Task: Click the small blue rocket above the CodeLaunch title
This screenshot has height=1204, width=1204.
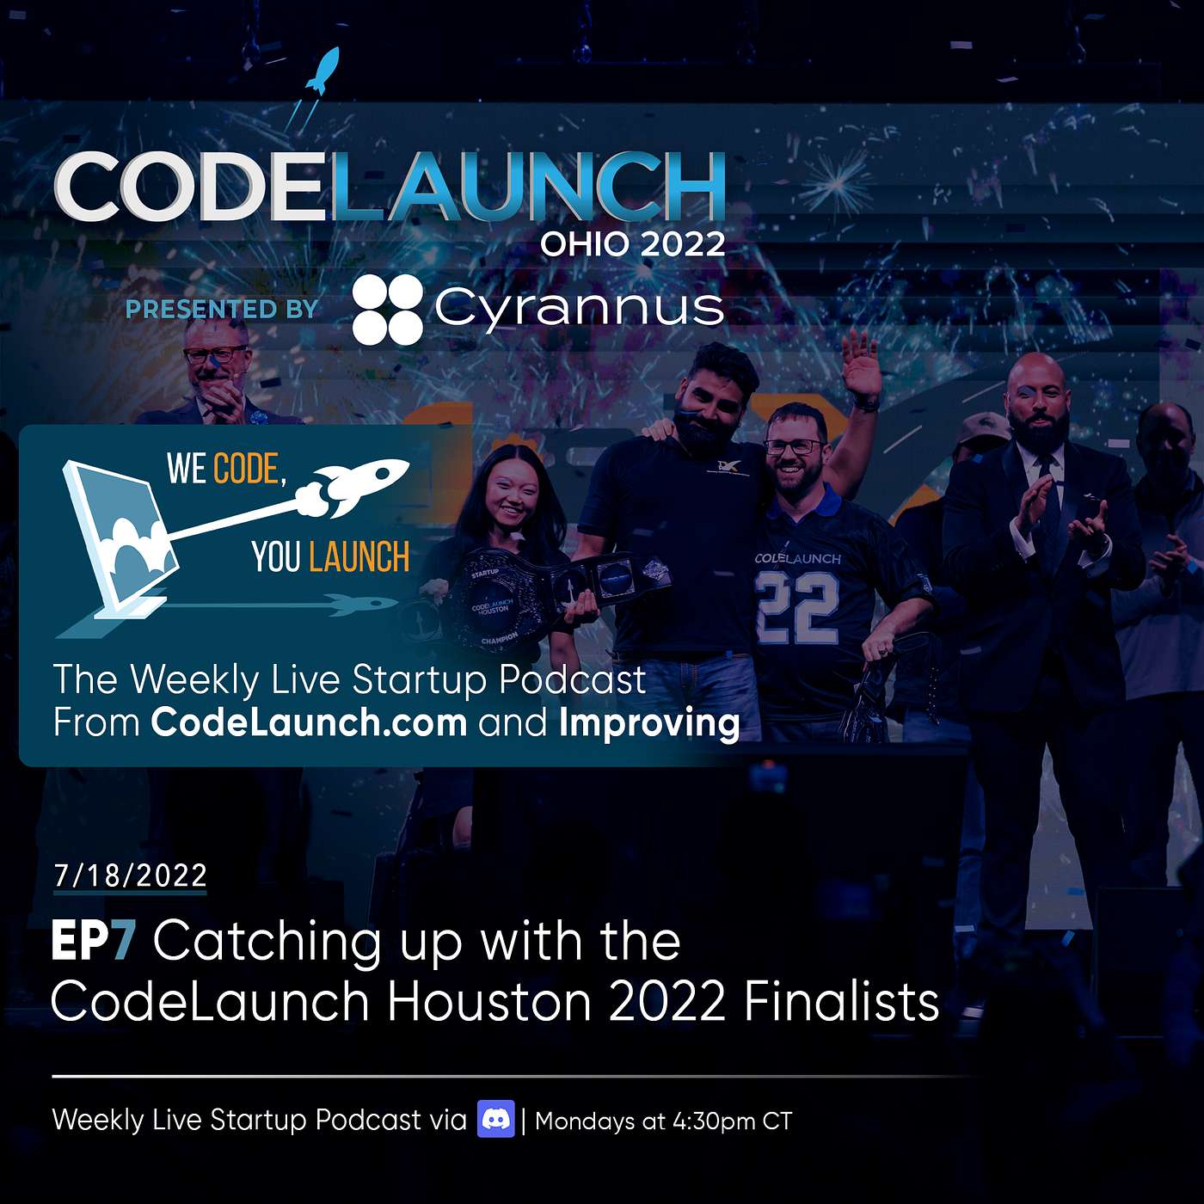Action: pyautogui.click(x=323, y=71)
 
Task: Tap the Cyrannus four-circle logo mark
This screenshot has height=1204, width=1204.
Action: pyautogui.click(x=388, y=310)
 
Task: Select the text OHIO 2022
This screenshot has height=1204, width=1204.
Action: pyautogui.click(x=632, y=243)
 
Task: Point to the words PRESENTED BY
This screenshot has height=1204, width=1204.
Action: pyautogui.click(x=222, y=310)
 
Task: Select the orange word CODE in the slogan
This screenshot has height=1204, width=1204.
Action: pyautogui.click(x=246, y=469)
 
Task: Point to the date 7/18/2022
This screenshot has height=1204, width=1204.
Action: pyautogui.click(x=130, y=875)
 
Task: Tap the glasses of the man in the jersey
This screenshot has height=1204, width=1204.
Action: pyautogui.click(x=791, y=446)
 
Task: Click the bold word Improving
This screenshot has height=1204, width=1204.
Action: pyautogui.click(x=649, y=723)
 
